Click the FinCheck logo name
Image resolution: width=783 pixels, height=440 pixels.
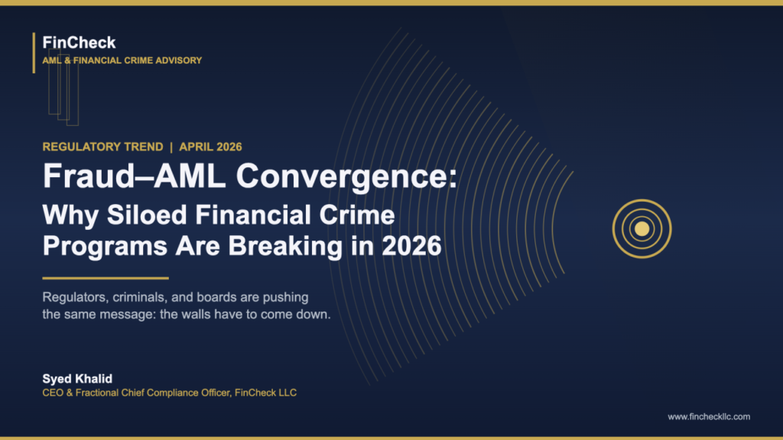(80, 43)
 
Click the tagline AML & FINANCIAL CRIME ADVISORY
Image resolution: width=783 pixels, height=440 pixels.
(122, 60)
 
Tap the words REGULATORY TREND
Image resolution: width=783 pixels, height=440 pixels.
(102, 147)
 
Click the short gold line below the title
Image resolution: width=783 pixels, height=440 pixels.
(105, 278)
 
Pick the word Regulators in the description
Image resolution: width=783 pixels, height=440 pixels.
(72, 297)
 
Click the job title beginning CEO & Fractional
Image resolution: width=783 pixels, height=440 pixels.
(169, 393)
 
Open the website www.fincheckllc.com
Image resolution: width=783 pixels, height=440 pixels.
(708, 416)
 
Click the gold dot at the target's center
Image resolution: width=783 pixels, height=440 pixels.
(642, 228)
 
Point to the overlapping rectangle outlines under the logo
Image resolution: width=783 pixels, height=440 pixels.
(63, 92)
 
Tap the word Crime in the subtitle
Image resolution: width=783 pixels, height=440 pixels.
(359, 216)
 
